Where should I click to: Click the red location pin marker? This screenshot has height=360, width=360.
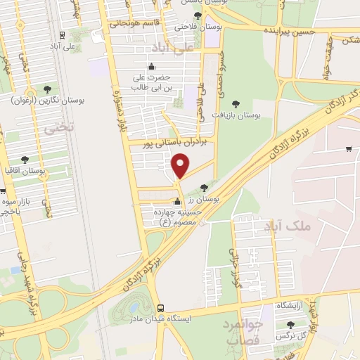click(x=181, y=165)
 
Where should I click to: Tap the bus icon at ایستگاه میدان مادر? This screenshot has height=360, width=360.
click(x=161, y=308)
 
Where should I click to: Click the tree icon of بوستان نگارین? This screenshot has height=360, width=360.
click(x=47, y=89)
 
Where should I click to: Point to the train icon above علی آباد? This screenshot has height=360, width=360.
click(x=63, y=35)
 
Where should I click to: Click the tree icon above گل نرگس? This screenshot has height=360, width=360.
click(x=290, y=325)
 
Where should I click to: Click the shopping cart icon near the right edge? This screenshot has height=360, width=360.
click(x=349, y=148)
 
